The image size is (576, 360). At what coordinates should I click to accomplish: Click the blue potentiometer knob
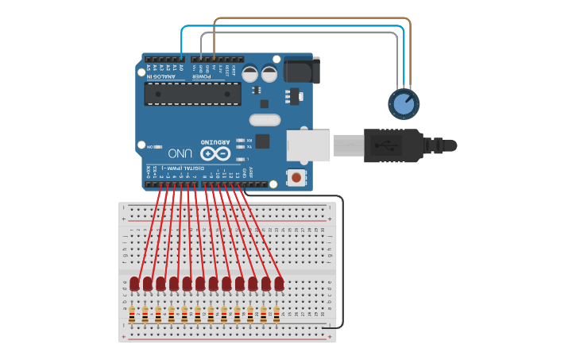(x=404, y=103)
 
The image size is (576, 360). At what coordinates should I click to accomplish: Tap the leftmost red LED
(x=134, y=284)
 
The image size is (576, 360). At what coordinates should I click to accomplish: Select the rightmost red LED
(x=279, y=284)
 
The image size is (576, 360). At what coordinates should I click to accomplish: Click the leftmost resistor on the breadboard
(x=132, y=315)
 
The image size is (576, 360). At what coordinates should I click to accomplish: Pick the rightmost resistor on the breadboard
(x=276, y=315)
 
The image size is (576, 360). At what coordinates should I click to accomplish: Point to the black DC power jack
(x=301, y=69)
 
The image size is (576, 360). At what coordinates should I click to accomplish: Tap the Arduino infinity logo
(x=215, y=153)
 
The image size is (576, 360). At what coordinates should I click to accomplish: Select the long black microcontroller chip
(x=192, y=94)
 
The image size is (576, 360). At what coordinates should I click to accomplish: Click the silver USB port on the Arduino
(x=307, y=145)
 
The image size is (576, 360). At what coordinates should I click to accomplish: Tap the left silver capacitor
(x=249, y=74)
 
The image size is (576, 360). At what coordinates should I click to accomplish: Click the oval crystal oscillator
(x=265, y=120)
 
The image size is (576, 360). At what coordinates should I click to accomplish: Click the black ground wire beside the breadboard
(x=342, y=262)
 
